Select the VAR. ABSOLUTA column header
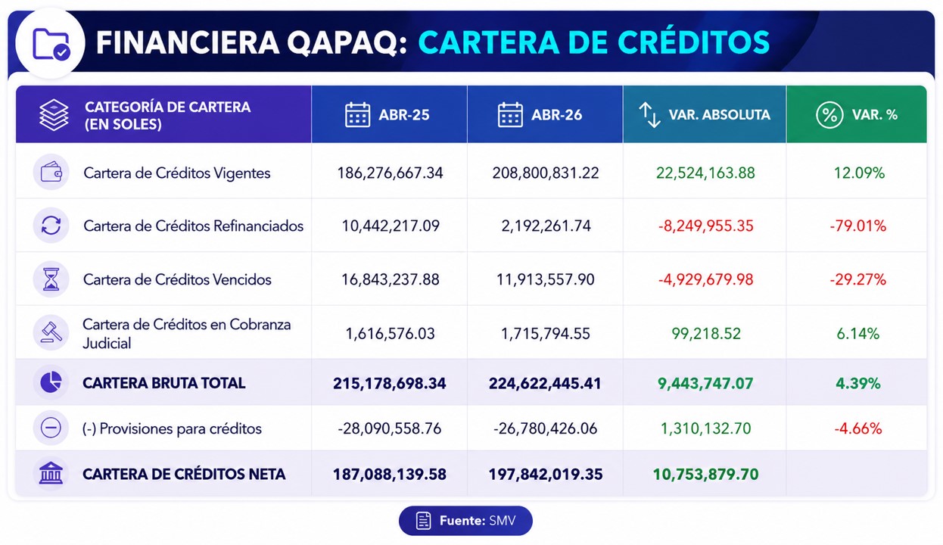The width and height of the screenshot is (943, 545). [705, 114]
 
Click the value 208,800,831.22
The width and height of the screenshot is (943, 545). [545, 173]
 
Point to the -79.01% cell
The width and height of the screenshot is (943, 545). [857, 226]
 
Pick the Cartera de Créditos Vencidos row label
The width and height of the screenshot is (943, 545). [177, 279]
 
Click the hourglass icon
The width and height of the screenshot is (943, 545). [51, 279]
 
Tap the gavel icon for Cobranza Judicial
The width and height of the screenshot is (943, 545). [51, 333]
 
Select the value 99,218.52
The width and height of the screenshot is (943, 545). [705, 334]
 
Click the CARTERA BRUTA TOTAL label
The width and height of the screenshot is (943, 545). [163, 383]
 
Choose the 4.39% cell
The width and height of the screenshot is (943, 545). [857, 383]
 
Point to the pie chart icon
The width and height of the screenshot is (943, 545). [51, 382]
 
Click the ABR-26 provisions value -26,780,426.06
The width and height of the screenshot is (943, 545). [545, 428]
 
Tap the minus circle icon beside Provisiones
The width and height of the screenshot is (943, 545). [51, 428]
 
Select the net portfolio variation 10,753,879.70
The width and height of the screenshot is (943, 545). [705, 475]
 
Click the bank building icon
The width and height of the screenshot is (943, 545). [51, 473]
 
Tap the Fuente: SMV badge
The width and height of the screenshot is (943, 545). [465, 521]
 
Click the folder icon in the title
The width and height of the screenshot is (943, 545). [51, 44]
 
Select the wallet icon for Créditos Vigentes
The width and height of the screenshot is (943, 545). [51, 172]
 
